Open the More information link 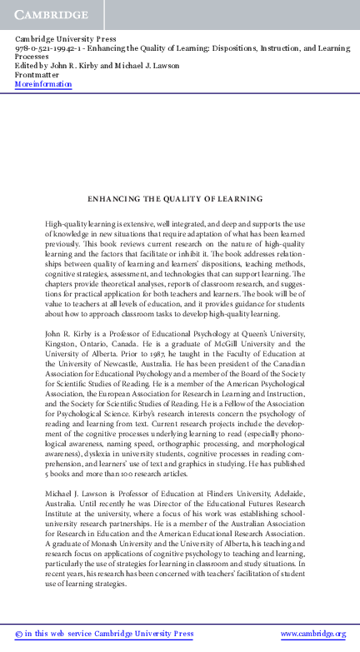(x=43, y=84)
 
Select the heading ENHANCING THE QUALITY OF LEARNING (x=175, y=199)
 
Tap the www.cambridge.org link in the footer (x=312, y=635)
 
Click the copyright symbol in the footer (x=18, y=635)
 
